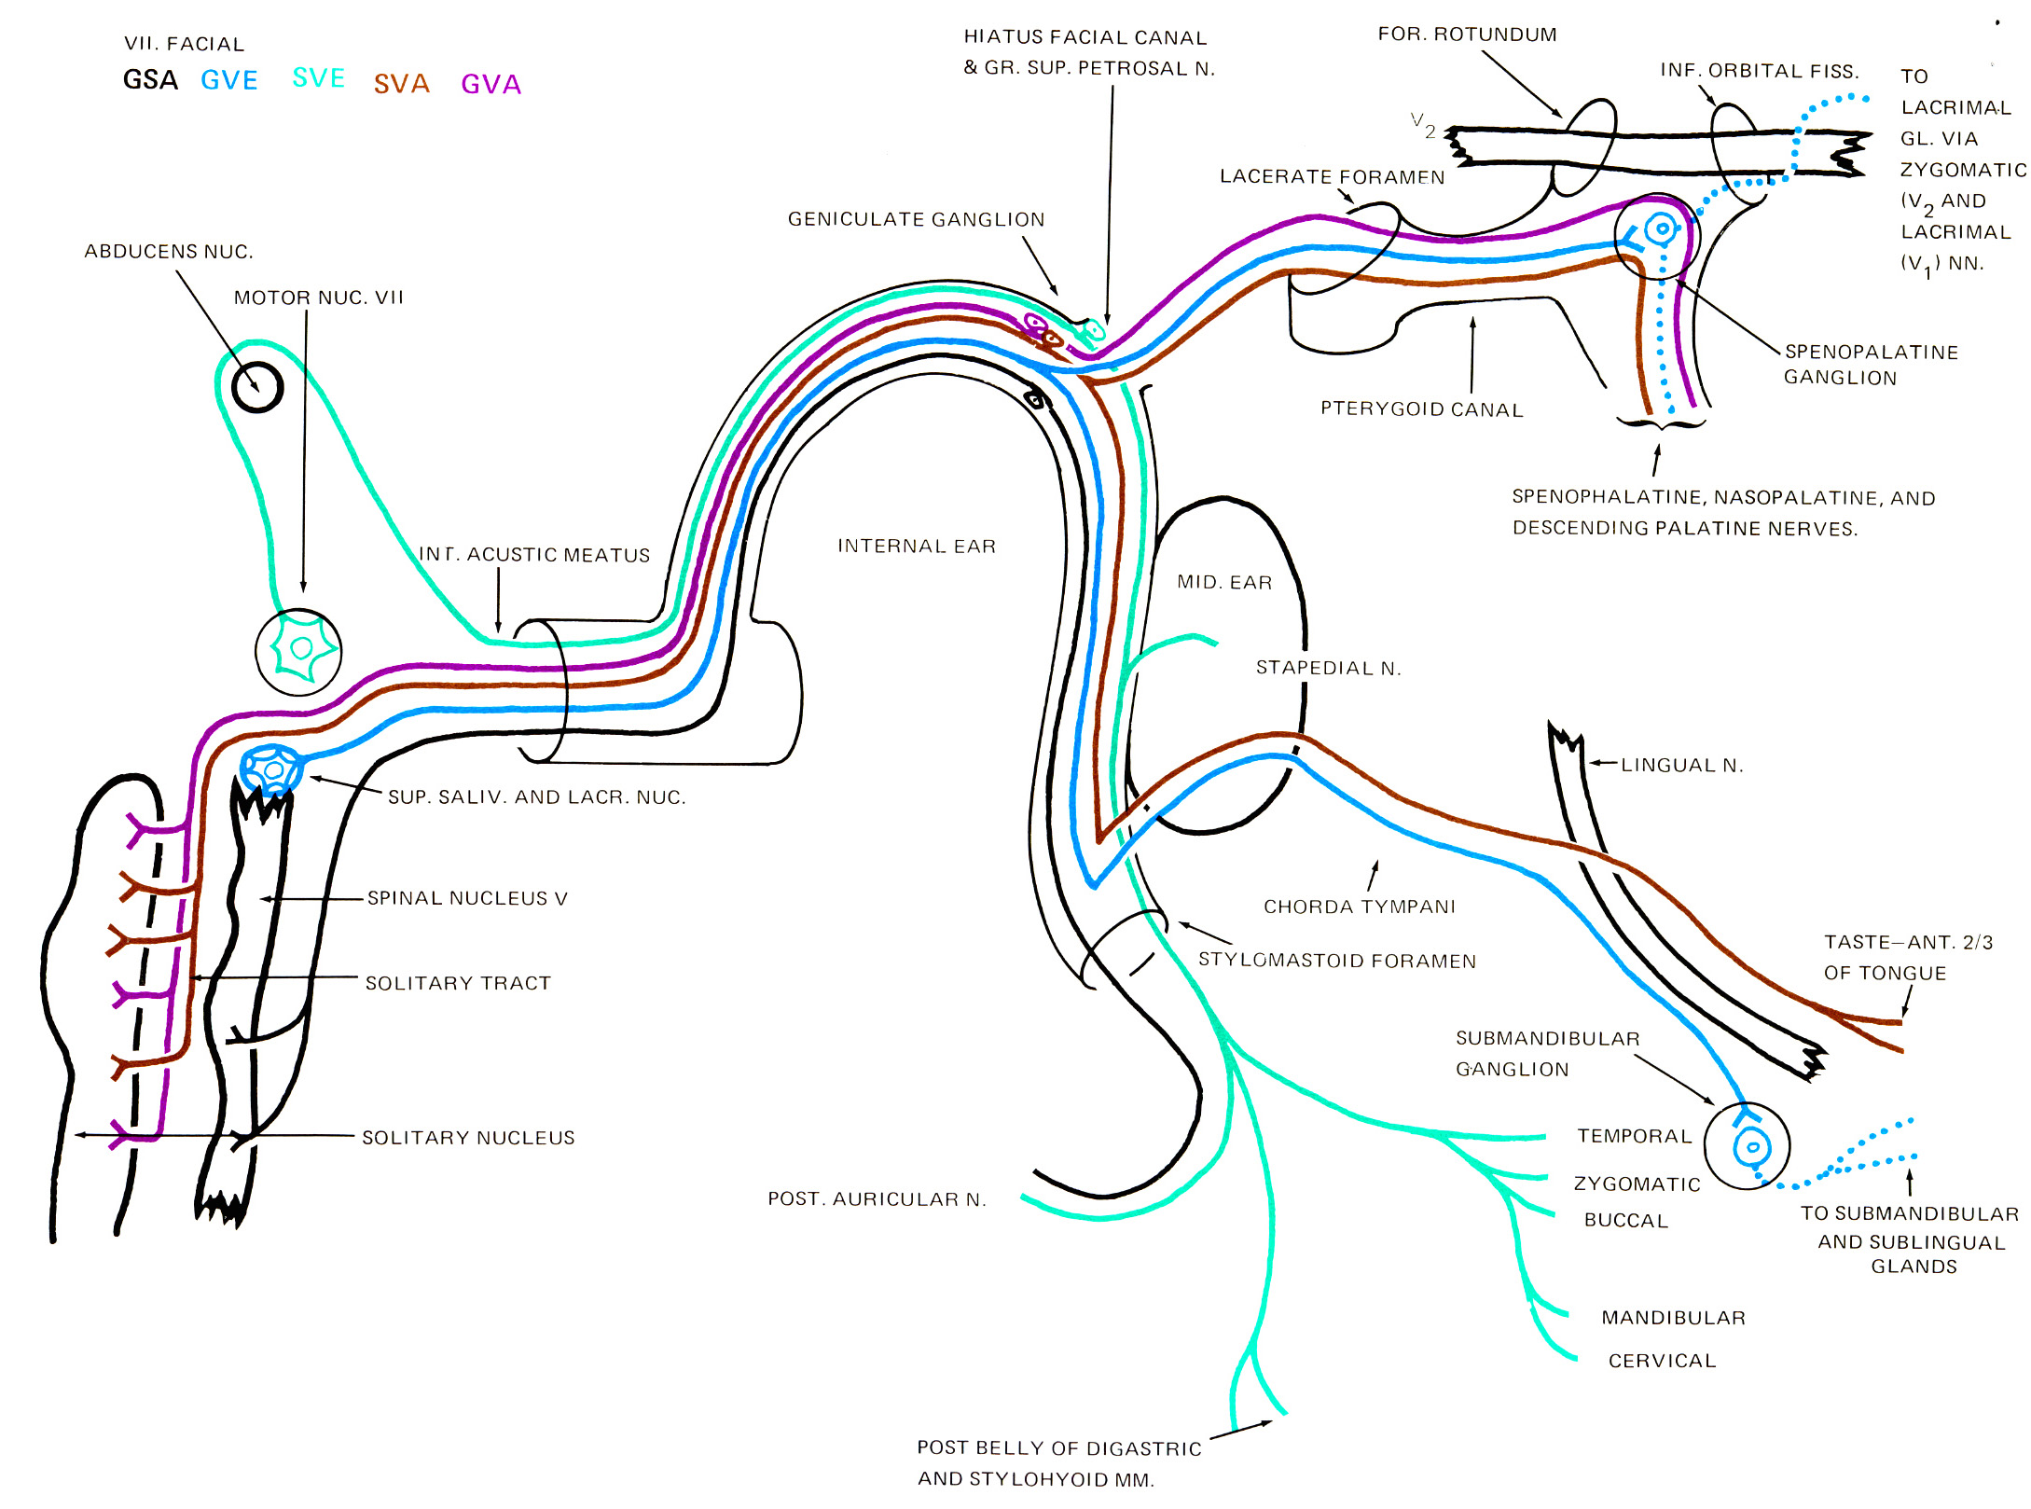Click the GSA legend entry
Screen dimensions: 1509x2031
coord(150,80)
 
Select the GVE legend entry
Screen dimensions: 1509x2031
coord(229,81)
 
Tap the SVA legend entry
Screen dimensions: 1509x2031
coord(402,85)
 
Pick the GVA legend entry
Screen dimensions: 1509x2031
coord(490,85)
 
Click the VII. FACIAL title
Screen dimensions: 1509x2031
coord(185,44)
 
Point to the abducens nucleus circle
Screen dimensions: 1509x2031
coord(257,386)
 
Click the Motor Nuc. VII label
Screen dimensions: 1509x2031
coord(318,298)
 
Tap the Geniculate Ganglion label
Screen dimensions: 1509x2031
coord(916,219)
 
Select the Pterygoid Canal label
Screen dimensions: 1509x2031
coord(1421,408)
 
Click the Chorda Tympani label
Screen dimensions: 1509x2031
coord(1359,906)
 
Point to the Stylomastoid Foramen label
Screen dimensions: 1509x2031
coord(1336,960)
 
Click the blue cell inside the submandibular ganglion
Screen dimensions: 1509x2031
coord(1751,1146)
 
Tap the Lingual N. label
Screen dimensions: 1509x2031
coord(1681,765)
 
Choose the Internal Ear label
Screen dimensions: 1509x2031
coord(916,546)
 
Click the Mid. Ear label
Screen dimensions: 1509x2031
coord(1223,582)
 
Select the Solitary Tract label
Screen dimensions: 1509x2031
coord(458,982)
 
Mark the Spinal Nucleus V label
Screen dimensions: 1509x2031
coord(466,897)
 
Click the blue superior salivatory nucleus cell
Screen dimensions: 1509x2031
coord(271,769)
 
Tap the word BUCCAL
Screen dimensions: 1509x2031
coord(1625,1220)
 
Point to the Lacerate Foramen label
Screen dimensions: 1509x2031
coord(1332,176)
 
